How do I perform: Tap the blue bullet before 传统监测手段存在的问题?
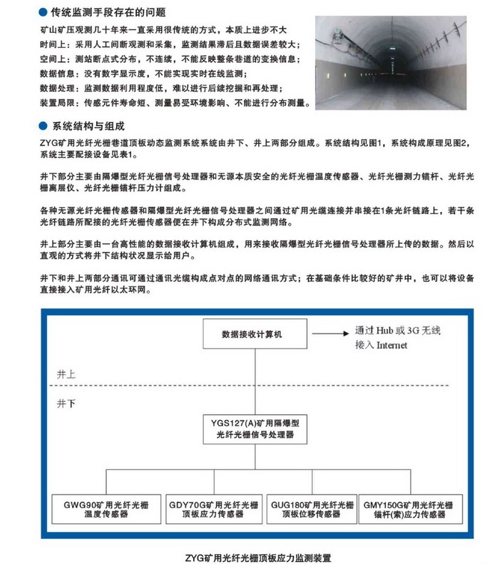(x=43, y=12)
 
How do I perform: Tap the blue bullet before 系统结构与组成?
(x=43, y=127)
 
